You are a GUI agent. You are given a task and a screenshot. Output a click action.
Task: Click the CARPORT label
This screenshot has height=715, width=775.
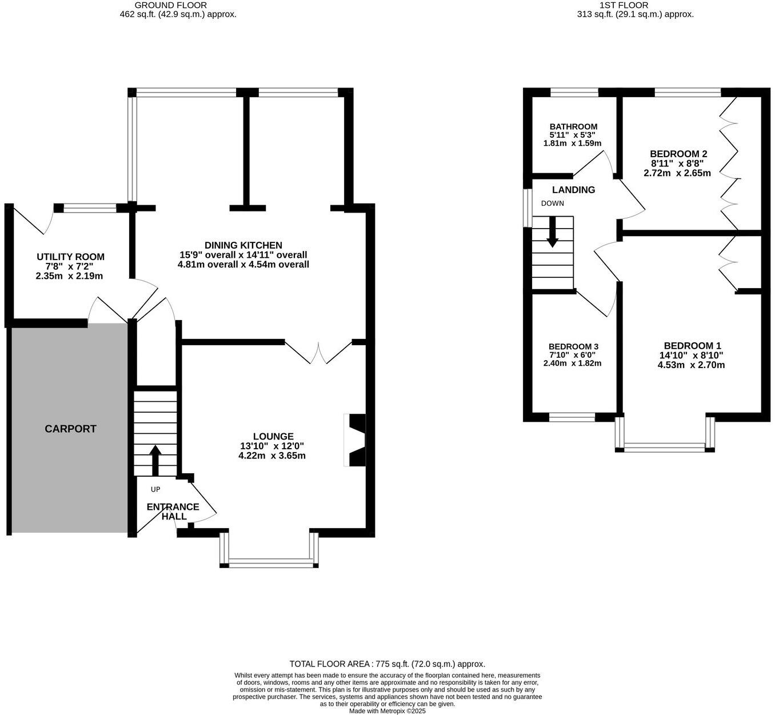pyautogui.click(x=70, y=429)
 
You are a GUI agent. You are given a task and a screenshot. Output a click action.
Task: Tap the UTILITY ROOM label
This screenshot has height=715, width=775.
pyautogui.click(x=70, y=257)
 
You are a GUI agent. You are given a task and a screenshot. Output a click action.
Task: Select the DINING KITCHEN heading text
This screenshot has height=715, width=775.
pyautogui.click(x=243, y=245)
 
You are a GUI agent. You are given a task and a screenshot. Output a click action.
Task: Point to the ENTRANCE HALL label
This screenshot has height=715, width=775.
pyautogui.click(x=173, y=512)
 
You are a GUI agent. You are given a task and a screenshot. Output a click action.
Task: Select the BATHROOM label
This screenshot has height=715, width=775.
pyautogui.click(x=573, y=127)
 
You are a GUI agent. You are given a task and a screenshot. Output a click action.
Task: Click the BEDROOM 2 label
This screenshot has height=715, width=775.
pyautogui.click(x=678, y=154)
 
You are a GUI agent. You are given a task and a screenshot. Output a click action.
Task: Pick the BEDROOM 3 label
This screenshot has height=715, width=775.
pyautogui.click(x=573, y=347)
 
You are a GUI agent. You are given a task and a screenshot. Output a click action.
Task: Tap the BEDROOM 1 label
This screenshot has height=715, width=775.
pyautogui.click(x=692, y=346)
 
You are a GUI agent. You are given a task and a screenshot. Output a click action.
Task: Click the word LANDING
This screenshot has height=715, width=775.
pyautogui.click(x=573, y=190)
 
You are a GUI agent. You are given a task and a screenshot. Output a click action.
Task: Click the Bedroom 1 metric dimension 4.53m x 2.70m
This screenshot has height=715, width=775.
pyautogui.click(x=691, y=365)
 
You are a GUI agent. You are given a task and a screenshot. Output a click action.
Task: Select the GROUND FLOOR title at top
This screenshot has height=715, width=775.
pyautogui.click(x=170, y=5)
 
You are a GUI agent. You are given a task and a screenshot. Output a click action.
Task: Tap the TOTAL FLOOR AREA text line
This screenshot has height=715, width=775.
pyautogui.click(x=387, y=664)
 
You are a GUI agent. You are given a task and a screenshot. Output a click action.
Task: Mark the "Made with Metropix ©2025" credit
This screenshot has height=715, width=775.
pyautogui.click(x=387, y=711)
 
